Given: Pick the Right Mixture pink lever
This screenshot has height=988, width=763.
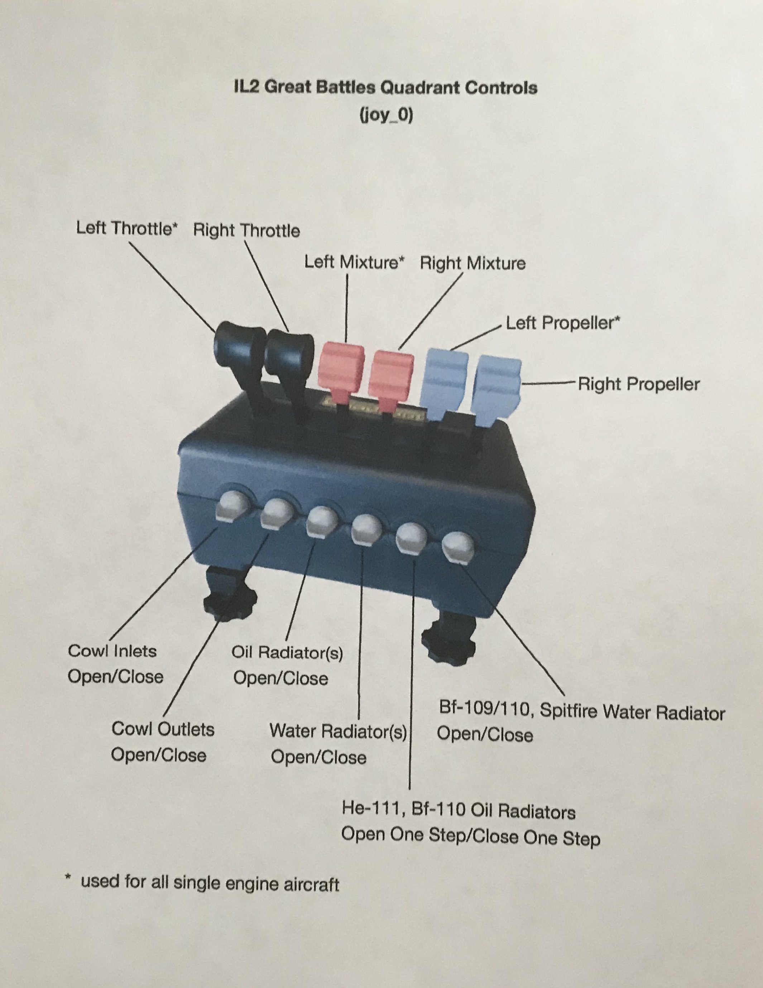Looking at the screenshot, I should click(391, 374).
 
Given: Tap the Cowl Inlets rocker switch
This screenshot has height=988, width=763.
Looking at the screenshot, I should click(233, 506).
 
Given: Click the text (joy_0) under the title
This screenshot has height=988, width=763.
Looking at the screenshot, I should click(386, 115).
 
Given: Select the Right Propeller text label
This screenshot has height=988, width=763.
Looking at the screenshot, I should click(639, 384).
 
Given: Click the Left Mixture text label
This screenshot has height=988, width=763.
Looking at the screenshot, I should click(354, 262).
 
